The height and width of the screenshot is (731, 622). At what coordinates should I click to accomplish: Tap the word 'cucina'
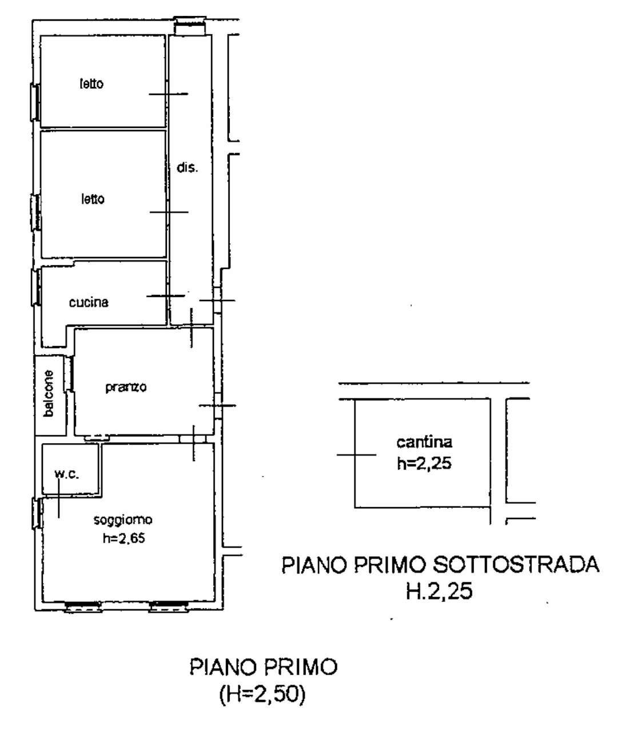[x=89, y=302]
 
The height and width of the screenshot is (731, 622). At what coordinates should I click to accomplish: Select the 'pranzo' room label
[x=126, y=387]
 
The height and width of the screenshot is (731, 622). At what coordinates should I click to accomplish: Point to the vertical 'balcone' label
[x=50, y=393]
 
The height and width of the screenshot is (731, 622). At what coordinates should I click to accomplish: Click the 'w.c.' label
[x=66, y=475]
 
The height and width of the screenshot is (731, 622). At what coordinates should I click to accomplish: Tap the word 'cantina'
[x=424, y=441]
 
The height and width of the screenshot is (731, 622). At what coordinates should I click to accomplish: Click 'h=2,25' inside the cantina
[x=424, y=464]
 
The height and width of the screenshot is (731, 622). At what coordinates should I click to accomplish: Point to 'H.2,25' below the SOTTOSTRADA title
[x=438, y=592]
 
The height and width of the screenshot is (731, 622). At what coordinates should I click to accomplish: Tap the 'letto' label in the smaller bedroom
[x=91, y=84]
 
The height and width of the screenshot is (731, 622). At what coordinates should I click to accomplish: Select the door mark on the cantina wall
[x=356, y=455]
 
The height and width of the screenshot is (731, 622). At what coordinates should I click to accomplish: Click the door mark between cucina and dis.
[x=166, y=295]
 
